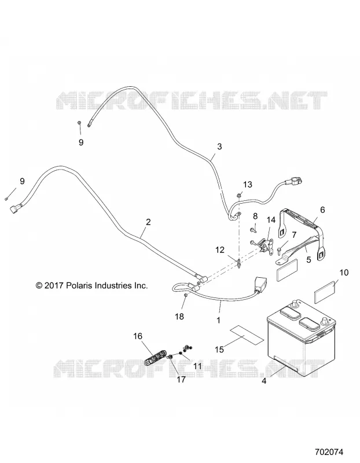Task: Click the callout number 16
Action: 138,336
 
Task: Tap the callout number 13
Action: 248,185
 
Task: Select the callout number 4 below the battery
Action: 264,381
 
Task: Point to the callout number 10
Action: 344,272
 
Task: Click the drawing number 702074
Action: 329,452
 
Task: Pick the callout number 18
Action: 179,317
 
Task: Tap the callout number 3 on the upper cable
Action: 219,146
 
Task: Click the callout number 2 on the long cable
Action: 148,222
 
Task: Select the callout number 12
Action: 220,250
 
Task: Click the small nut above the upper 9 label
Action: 79,123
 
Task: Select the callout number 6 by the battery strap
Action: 322,210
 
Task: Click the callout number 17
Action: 181,380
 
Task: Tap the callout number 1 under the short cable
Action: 219,321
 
